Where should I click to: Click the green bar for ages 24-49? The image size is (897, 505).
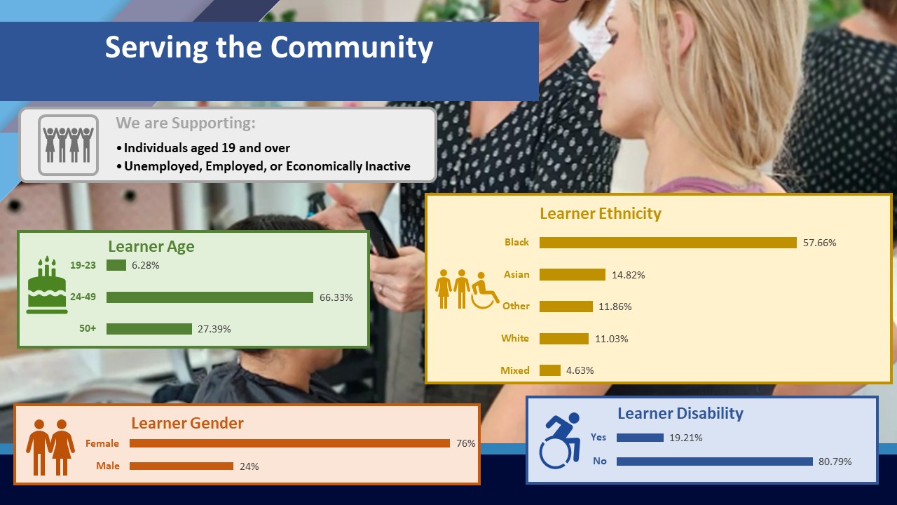210,297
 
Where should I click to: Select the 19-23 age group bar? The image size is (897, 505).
116,265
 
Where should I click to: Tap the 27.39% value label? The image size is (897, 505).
214,329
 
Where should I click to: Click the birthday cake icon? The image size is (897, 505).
47,285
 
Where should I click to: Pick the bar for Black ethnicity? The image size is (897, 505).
668,243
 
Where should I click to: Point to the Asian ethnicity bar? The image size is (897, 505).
573,275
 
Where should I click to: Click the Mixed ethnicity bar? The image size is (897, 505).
550,370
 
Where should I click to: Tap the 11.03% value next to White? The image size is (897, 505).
612,339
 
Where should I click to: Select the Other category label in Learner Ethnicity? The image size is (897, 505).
516,307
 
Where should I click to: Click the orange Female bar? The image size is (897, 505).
289,443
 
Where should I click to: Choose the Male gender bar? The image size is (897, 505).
182,466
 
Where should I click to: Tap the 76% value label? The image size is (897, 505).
466,443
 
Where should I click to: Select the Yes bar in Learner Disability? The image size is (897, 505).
640,438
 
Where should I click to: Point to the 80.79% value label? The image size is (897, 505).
835,462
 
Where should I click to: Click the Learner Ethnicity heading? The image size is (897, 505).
601,214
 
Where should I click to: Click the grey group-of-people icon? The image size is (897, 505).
69,145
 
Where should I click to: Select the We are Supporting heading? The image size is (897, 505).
186,123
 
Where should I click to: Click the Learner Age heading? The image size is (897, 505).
151,246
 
